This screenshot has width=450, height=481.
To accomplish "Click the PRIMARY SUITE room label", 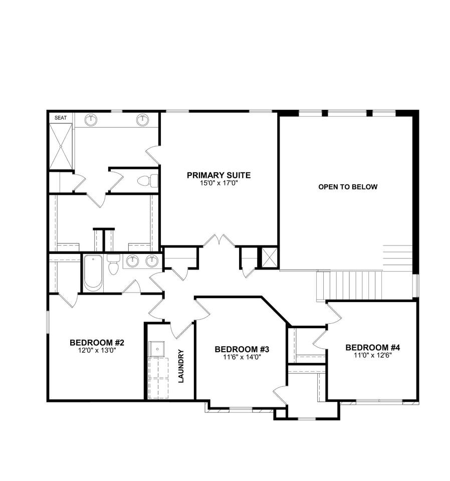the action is (218, 175).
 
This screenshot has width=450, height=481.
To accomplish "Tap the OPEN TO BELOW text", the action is (348, 187).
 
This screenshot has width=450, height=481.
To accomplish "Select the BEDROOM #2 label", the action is (97, 342).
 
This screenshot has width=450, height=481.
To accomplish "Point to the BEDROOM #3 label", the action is (242, 349).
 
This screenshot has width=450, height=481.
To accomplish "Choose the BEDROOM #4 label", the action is (373, 348).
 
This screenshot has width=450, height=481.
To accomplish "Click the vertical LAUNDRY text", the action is (181, 366).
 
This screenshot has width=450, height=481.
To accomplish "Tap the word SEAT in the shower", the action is (61, 118).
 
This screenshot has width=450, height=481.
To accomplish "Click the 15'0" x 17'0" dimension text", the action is (218, 183).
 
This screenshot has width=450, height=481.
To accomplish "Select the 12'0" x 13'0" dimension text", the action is (97, 350).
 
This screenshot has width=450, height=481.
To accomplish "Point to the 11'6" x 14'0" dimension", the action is (242, 357).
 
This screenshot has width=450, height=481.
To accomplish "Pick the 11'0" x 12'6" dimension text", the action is (373, 355).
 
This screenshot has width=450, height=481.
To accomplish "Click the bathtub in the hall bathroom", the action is (93, 273).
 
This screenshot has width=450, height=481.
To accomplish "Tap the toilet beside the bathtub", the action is (113, 265).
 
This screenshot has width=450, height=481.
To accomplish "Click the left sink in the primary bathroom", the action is (91, 119).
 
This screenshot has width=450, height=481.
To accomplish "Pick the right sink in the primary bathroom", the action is (142, 119).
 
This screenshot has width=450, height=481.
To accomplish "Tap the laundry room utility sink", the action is (157, 349).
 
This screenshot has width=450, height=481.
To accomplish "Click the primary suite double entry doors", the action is (219, 241).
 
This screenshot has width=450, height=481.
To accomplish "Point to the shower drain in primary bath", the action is (61, 146).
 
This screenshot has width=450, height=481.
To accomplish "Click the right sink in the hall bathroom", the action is (152, 261).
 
